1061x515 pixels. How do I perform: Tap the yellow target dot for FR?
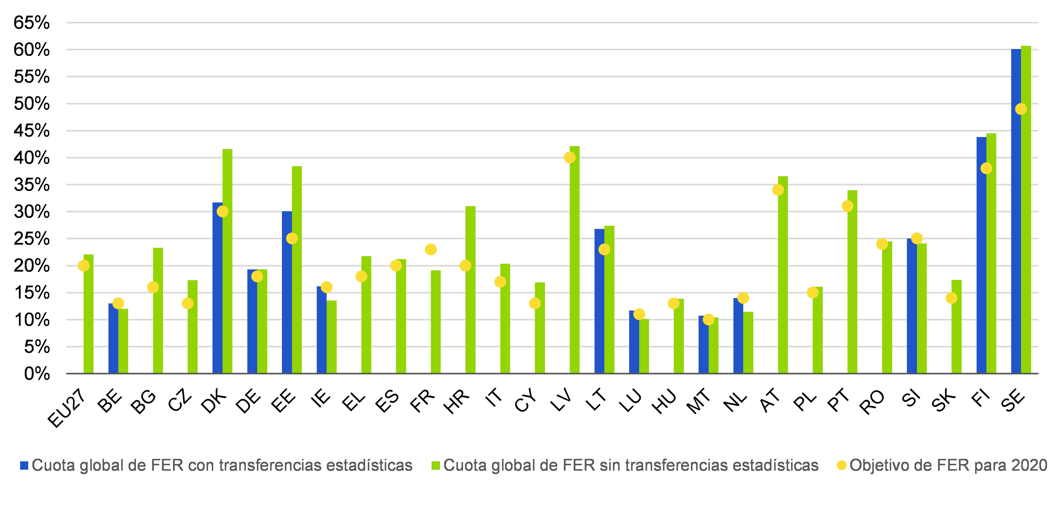(430, 249)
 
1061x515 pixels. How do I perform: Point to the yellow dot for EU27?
(84, 266)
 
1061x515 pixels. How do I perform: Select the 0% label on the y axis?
(37, 374)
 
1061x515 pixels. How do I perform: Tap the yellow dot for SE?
(1021, 109)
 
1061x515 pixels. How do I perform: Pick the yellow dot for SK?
(952, 298)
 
